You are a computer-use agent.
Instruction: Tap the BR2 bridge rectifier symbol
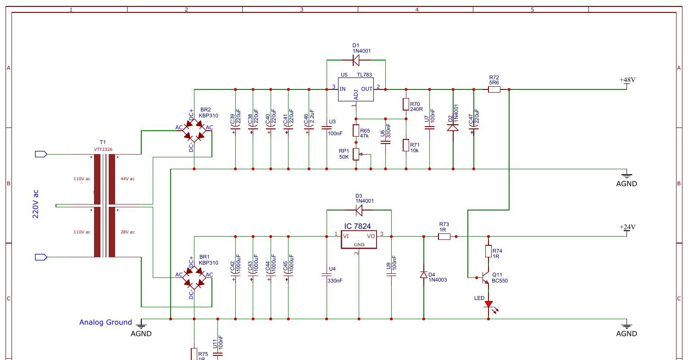(194, 131)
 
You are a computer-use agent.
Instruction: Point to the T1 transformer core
(105, 205)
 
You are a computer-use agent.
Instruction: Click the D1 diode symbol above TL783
(356, 60)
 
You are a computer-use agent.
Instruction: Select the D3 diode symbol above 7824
(359, 210)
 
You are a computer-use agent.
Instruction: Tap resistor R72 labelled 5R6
(494, 89)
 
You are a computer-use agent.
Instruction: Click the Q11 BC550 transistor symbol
(485, 278)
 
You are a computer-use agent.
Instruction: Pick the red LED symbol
(489, 303)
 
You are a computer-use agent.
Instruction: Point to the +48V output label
(627, 80)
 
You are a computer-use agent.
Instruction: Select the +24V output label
(627, 227)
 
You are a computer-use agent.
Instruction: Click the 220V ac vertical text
(36, 204)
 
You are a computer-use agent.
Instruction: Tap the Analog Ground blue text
(105, 322)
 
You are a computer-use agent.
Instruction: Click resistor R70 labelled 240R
(405, 104)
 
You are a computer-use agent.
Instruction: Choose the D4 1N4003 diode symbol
(423, 275)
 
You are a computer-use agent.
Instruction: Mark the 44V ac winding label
(128, 179)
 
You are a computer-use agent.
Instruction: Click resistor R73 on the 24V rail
(444, 237)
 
